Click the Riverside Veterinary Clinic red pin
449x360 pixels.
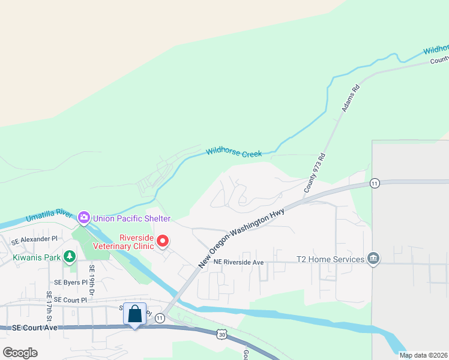163,241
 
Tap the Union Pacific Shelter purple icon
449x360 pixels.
84,217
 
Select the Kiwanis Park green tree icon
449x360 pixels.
70,257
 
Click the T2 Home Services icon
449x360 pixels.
373,259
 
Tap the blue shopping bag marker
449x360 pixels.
135,314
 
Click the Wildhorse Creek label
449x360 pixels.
234,153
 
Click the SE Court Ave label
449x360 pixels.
35,328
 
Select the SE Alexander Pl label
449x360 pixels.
35,239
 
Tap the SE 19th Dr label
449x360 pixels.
92,277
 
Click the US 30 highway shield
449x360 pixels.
221,334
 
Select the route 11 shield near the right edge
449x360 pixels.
375,183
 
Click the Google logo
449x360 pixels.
20,352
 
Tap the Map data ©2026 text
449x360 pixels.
423,355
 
